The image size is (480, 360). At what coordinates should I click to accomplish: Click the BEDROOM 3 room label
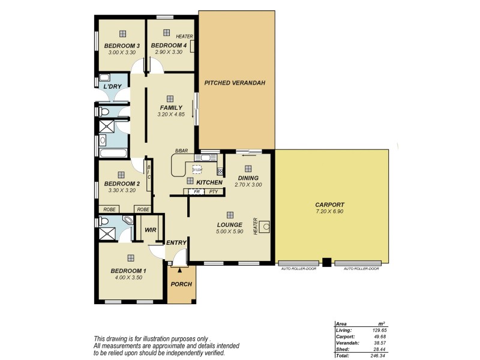[x=122, y=46]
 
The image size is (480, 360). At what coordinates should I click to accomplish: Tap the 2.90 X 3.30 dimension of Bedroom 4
[x=169, y=53]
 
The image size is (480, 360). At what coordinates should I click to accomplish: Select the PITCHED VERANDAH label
[x=235, y=83]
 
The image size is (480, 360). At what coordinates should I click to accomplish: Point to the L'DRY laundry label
[x=112, y=87]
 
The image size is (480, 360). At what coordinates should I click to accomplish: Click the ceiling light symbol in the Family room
[x=170, y=99]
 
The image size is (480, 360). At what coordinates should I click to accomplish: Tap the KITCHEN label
[x=209, y=182]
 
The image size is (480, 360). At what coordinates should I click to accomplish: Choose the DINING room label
[x=248, y=178]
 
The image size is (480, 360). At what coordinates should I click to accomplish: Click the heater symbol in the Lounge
[x=265, y=227]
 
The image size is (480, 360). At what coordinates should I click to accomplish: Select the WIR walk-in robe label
[x=150, y=230]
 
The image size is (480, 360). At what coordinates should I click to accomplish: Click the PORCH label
[x=181, y=284]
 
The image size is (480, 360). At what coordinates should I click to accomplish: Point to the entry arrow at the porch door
[x=178, y=271]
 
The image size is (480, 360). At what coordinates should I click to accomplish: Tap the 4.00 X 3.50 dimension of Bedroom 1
[x=128, y=278]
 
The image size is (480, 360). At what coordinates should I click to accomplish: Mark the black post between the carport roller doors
[x=326, y=262]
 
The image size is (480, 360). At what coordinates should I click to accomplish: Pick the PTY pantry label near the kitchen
[x=214, y=191]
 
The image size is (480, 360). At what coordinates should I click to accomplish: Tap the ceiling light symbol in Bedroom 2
[x=122, y=175]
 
